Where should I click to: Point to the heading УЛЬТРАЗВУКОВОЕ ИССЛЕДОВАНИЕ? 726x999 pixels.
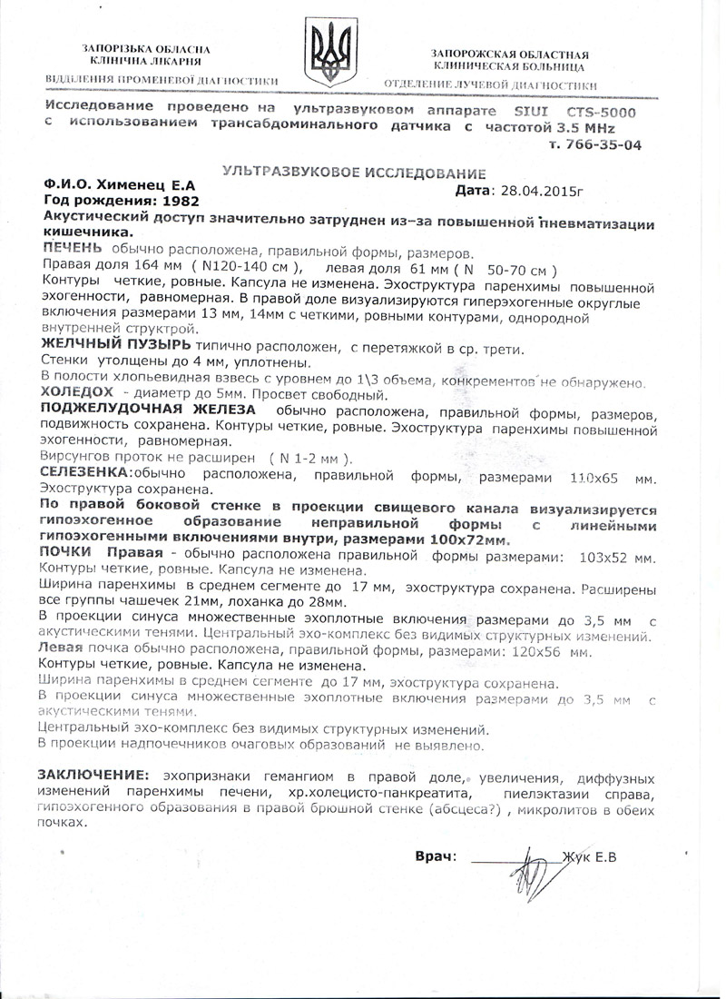[354, 173]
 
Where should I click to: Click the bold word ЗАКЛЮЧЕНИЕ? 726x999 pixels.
[92, 777]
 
